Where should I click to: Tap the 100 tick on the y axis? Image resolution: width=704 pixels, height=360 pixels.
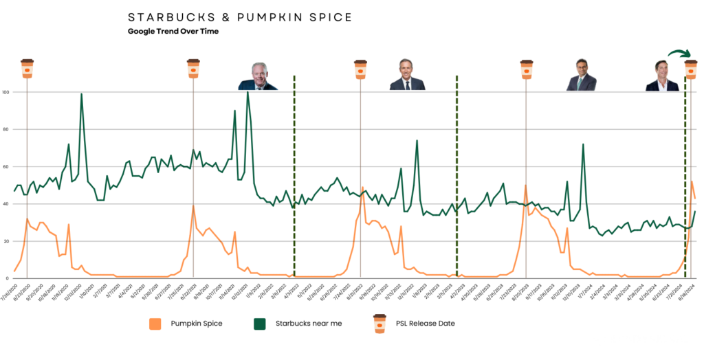point(5,92)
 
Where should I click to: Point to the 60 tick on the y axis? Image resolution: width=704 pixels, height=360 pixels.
point(5,167)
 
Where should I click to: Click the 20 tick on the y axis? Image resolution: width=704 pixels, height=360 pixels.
point(5,241)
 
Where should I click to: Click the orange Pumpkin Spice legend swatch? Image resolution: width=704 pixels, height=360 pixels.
point(156,323)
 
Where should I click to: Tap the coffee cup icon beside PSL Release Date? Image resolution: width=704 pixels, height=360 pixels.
point(379,323)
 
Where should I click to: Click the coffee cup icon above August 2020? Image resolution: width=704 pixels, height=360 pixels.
point(27,68)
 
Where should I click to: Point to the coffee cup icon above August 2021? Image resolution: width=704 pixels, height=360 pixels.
point(193,68)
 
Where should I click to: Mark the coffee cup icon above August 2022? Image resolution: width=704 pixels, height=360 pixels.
point(360,68)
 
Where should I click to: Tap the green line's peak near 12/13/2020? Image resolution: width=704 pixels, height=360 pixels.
point(82,94)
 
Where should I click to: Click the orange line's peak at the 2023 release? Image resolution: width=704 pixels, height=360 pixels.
point(526,185)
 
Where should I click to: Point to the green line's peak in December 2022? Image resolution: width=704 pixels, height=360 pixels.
point(417,141)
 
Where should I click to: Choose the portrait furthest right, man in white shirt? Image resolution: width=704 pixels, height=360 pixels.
point(662,76)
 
